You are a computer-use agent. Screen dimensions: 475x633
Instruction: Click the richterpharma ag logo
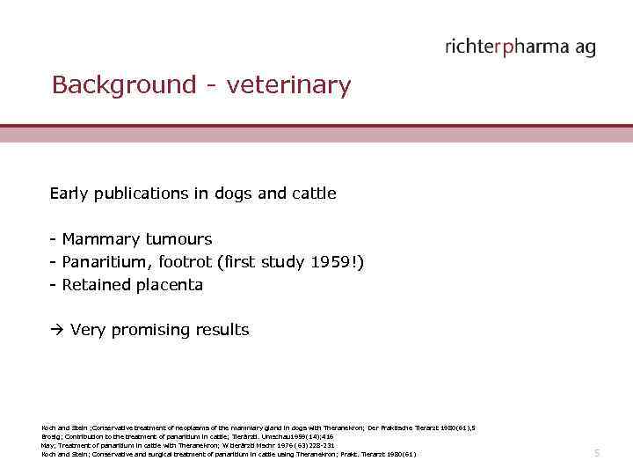tap(520, 47)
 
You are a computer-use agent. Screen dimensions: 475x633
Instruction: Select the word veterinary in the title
tap(288, 86)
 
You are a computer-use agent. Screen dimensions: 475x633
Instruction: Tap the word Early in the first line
tap(69, 194)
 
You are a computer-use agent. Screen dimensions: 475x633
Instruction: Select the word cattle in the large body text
tap(312, 194)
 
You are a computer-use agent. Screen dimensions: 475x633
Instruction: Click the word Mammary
tap(98, 239)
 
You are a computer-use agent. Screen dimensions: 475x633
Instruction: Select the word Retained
tap(96, 285)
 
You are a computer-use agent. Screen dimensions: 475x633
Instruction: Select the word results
tap(223, 331)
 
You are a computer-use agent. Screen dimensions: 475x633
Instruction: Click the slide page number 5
tap(596, 453)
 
